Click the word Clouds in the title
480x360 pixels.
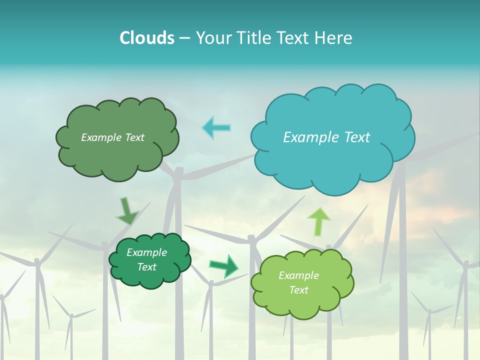[146, 38]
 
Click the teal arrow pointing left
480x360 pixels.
[216, 127]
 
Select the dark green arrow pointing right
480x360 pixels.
[224, 265]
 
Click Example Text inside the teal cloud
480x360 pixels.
[326, 137]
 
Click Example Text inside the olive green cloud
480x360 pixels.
[112, 137]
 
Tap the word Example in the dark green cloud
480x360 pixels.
[146, 252]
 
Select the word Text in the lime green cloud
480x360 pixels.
[298, 290]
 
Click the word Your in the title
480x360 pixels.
[212, 38]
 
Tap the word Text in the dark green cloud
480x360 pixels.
[146, 267]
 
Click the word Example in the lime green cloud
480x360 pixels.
[298, 275]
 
